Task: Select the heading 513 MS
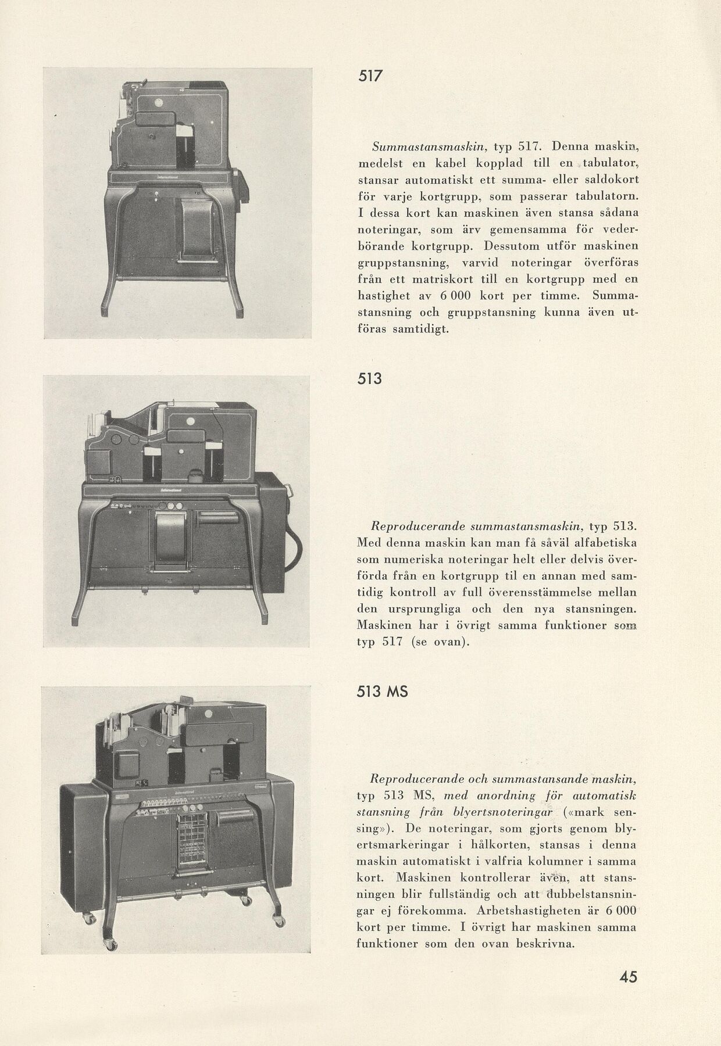[383, 692]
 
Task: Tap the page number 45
[628, 976]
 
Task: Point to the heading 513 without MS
[370, 378]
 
